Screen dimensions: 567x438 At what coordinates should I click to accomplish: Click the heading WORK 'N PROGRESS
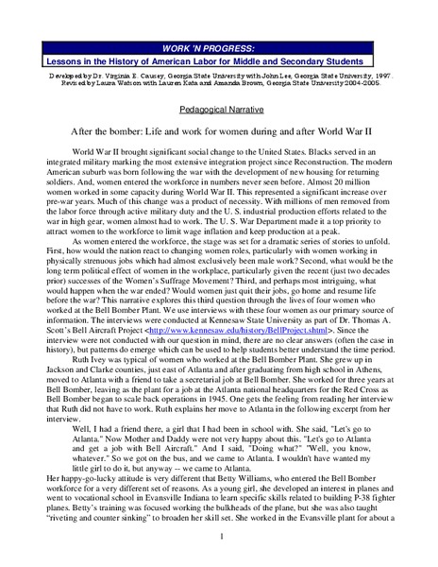tap(218, 44)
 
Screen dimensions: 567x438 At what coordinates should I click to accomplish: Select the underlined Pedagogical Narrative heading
tap(218, 108)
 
